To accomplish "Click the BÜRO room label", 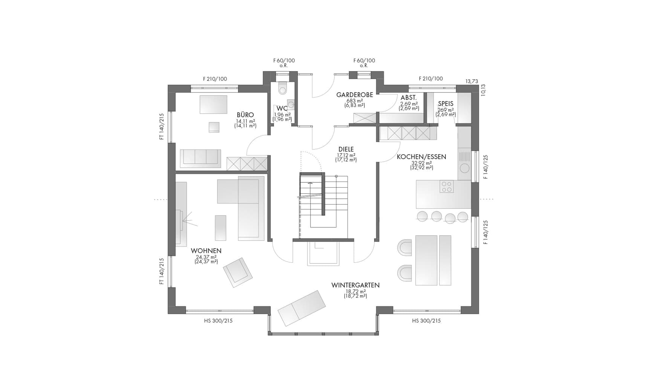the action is (x=245, y=115).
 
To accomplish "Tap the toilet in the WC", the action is (x=282, y=89).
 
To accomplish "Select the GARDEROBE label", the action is (x=355, y=95).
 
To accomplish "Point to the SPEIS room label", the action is (x=446, y=104).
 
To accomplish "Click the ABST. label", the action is (x=408, y=98).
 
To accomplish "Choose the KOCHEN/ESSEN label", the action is (x=421, y=157).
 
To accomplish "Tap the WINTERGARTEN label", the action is (x=355, y=285).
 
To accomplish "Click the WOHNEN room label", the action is (x=206, y=251).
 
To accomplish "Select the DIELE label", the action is (x=346, y=149).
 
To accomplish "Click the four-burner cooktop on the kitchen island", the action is (x=446, y=187).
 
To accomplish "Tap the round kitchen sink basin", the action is (x=465, y=168).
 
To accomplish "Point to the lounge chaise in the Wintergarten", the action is (x=302, y=308).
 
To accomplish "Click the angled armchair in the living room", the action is (x=238, y=272).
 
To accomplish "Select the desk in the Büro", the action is (x=214, y=104).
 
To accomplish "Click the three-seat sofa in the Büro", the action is (x=200, y=158).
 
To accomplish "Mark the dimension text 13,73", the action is (x=472, y=81).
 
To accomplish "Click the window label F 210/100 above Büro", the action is (x=215, y=79).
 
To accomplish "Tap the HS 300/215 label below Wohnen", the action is (x=218, y=321).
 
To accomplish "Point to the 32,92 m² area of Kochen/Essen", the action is (x=421, y=163).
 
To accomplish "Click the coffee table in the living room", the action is (x=220, y=228).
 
